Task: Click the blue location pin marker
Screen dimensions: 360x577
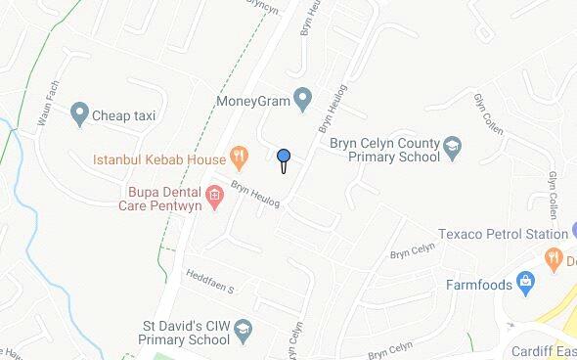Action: [x=284, y=157]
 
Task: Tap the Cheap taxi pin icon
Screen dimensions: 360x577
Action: [x=79, y=115]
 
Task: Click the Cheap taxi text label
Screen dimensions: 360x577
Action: [x=124, y=115]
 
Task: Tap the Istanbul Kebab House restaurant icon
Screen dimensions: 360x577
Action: [x=237, y=157]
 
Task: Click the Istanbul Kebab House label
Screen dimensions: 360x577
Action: [x=157, y=157]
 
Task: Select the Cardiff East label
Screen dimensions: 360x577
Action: [x=543, y=352]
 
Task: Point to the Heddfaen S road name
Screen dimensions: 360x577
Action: [x=211, y=284]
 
